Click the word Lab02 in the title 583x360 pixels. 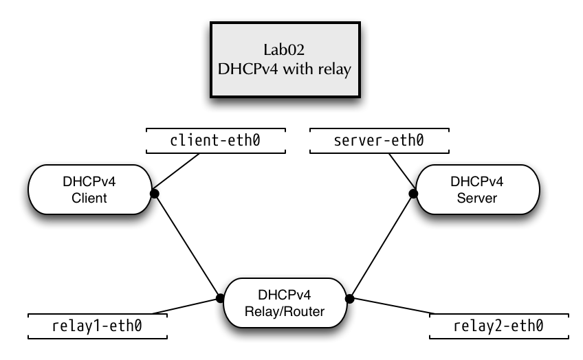[285, 50]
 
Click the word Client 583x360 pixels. [89, 199]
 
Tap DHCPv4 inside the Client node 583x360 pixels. [89, 182]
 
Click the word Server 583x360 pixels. [477, 199]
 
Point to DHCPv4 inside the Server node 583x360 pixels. [477, 182]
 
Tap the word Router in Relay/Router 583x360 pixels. [306, 312]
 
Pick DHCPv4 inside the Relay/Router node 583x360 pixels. [285, 295]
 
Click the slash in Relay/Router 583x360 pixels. [280, 312]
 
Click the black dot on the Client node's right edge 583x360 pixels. [151, 194]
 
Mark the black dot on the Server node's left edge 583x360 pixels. [417, 194]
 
